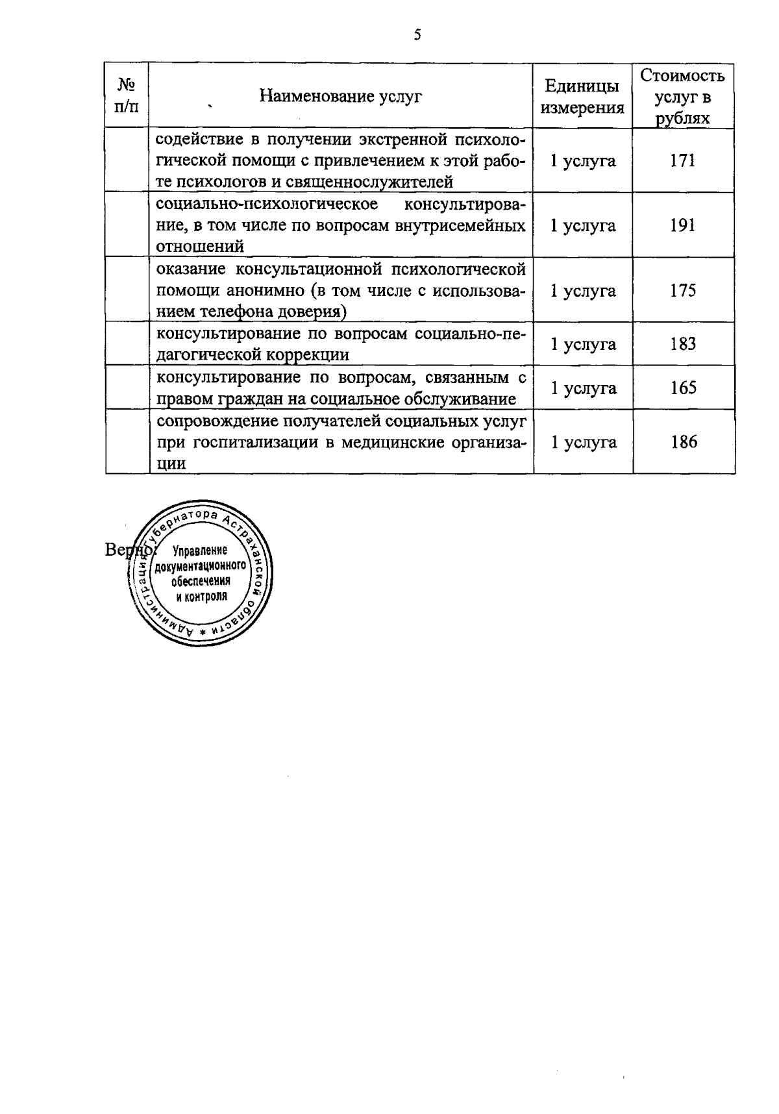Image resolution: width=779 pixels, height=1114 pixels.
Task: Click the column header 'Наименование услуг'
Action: tap(341, 97)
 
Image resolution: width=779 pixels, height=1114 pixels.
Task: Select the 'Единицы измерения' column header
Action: tap(582, 97)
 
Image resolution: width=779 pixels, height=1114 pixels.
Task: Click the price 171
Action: tap(683, 160)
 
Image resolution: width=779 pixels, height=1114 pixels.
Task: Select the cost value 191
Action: tap(683, 225)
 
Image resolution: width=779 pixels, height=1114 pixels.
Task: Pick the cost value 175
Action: tap(683, 290)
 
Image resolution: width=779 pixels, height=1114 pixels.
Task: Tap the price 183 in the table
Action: tap(683, 343)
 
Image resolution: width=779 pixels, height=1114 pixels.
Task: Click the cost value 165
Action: tap(683, 388)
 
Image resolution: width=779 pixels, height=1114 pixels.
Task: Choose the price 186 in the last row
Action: tap(684, 442)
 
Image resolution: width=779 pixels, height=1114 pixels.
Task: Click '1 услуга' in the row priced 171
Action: tap(582, 160)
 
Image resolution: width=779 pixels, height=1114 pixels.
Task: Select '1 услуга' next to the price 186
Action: tap(583, 442)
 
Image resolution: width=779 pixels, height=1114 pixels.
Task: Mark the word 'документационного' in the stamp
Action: tap(199, 565)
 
